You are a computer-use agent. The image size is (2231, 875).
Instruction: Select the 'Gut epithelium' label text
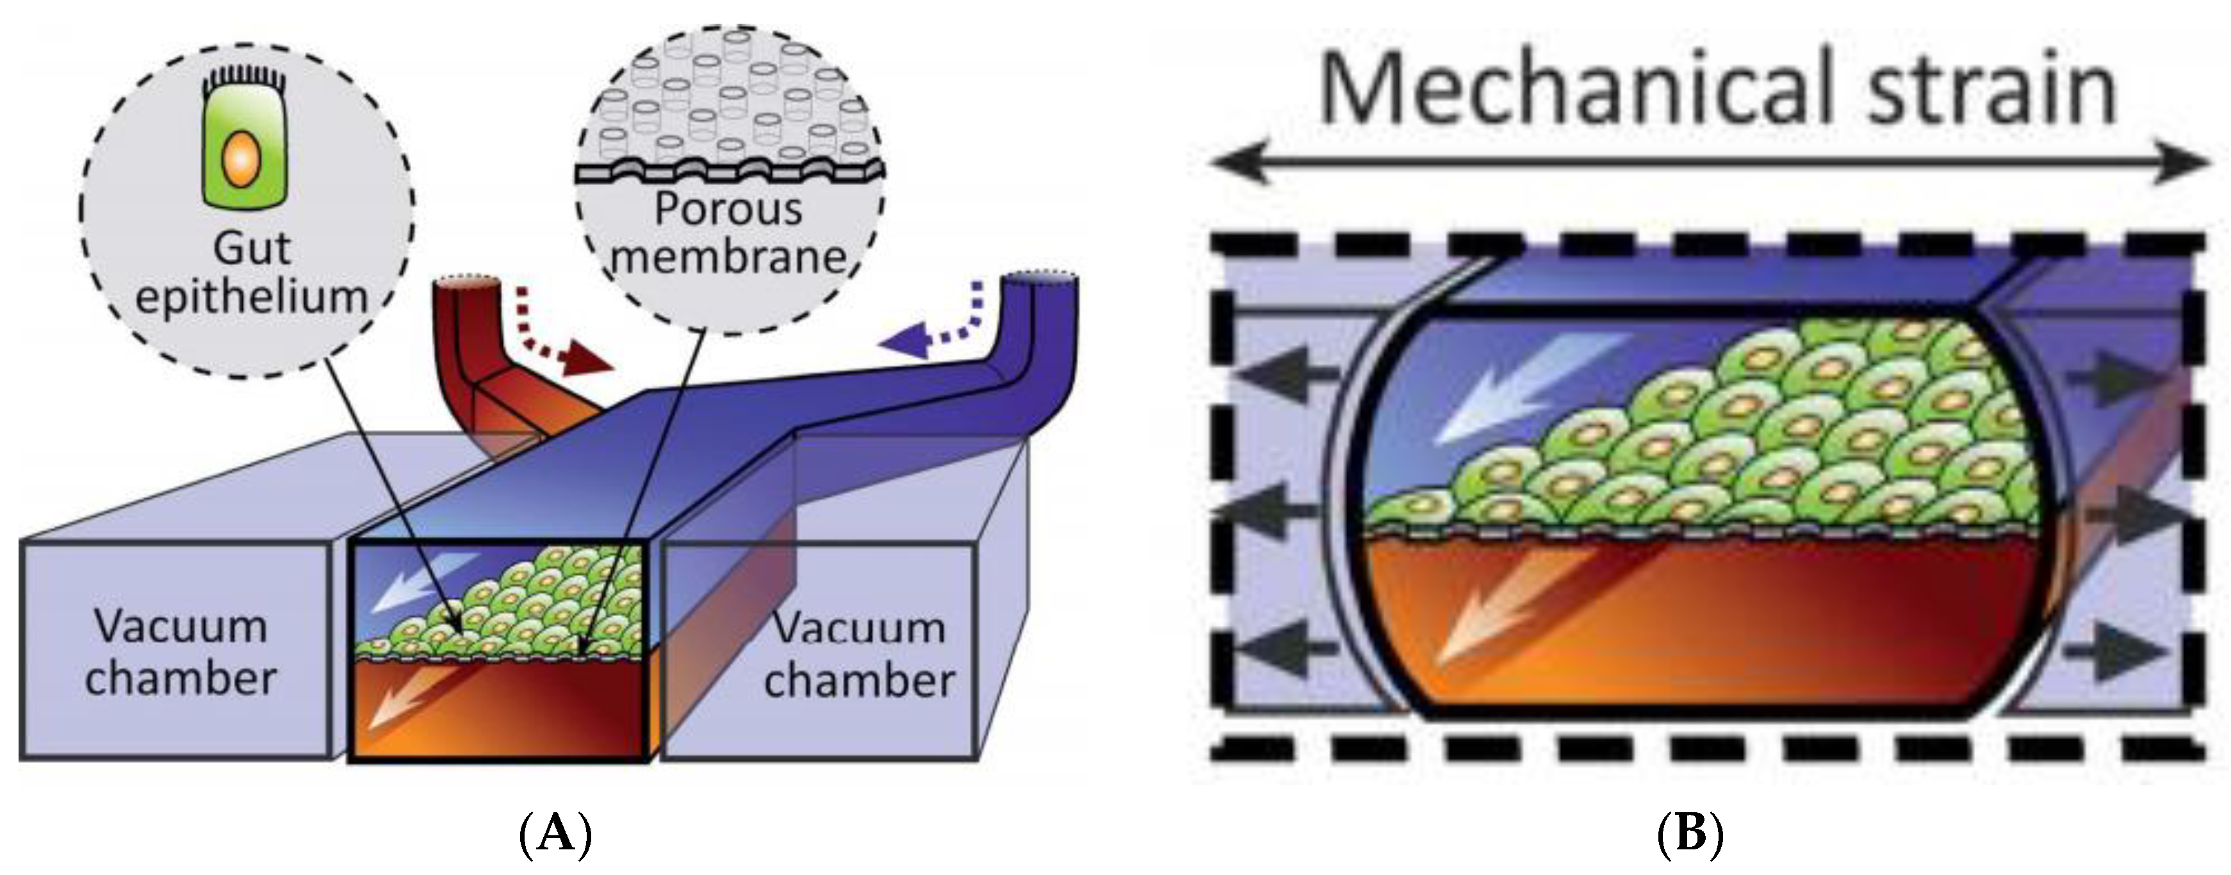coord(251,273)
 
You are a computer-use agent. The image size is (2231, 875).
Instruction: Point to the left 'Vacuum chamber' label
coord(180,652)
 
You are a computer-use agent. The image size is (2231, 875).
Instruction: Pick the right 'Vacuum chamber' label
coord(858,654)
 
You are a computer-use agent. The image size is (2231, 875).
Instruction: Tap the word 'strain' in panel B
coord(1992,91)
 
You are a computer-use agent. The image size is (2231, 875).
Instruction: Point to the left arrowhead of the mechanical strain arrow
coord(1234,163)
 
